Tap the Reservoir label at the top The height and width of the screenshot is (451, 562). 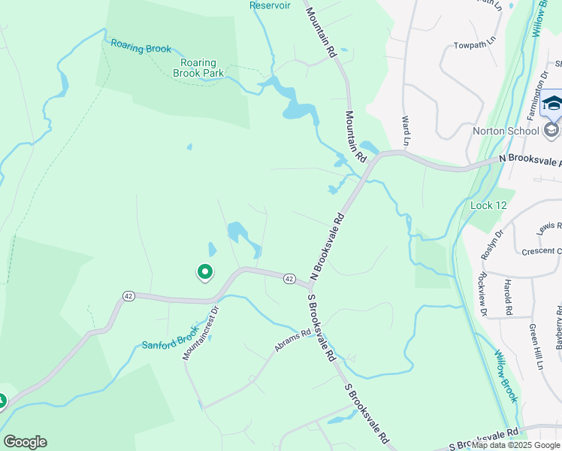(270, 5)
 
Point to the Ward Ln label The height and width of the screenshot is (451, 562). (406, 131)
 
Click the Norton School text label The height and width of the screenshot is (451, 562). (506, 131)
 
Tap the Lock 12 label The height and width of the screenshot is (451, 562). (482, 205)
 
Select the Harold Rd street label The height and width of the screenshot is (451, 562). (509, 297)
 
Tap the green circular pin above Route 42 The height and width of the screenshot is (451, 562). (204, 272)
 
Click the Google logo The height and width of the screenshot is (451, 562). (25, 442)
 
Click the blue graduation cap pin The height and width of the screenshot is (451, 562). (552, 104)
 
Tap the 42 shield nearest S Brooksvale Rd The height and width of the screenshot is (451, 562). (289, 279)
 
